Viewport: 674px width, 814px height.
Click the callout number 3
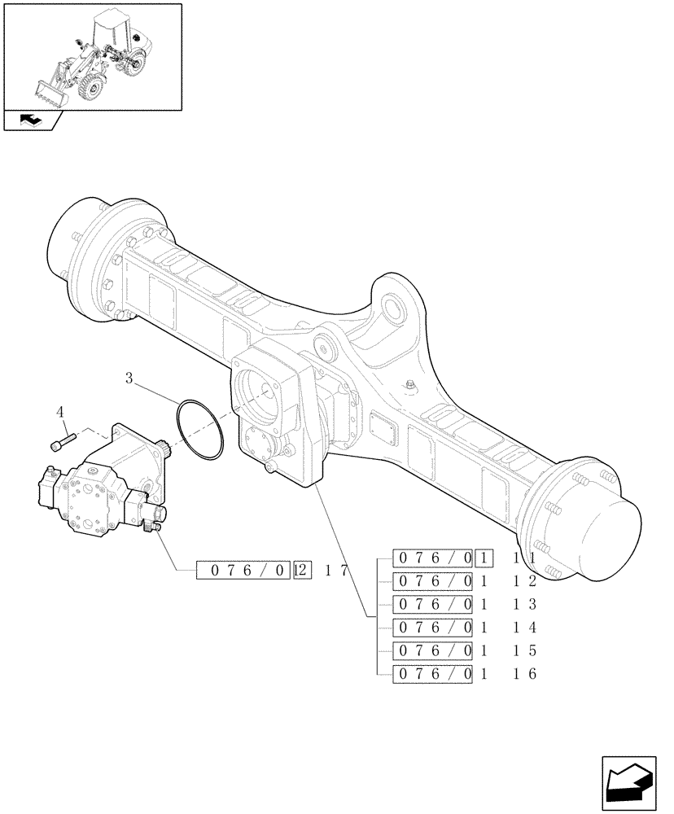[x=130, y=378]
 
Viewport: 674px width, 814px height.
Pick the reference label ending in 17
[x=272, y=571]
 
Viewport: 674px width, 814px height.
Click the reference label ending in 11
[x=465, y=558]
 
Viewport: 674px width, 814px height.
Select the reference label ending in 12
[x=465, y=580]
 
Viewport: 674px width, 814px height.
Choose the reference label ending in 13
[x=465, y=604]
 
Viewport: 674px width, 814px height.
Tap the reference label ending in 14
[x=465, y=627]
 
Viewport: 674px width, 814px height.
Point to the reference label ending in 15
[x=465, y=650]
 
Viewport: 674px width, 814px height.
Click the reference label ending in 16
[x=465, y=673]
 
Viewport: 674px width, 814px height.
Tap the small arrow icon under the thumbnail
[x=31, y=120]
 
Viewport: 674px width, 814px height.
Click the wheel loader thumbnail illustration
[x=92, y=57]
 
